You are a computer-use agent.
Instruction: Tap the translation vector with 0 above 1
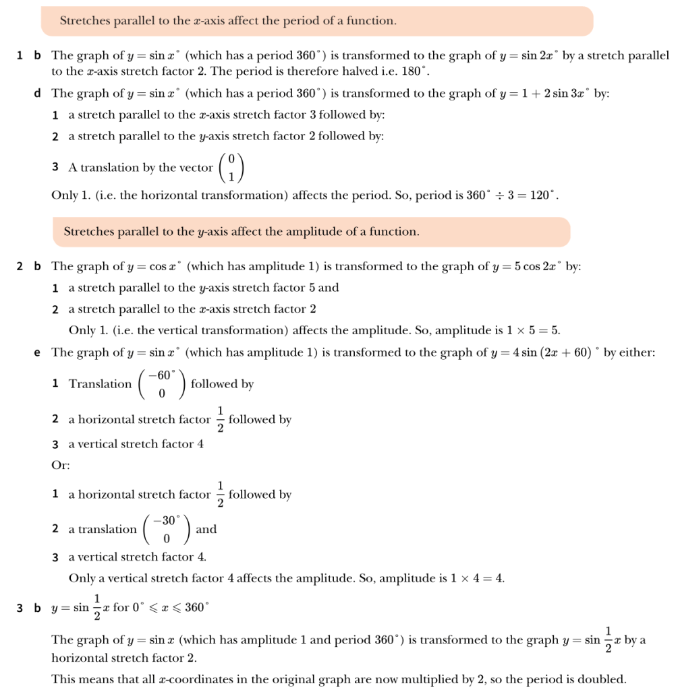(231, 168)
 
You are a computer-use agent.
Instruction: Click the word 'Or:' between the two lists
(61, 465)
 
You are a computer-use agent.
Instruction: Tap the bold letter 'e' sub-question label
(37, 352)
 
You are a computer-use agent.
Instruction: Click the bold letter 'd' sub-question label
(37, 94)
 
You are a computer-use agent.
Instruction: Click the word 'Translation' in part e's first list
(101, 384)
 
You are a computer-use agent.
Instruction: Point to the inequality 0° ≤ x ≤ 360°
(171, 608)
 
